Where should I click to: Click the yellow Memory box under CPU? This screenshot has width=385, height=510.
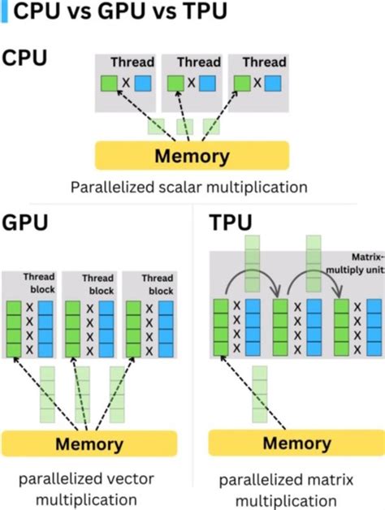pos(192,155)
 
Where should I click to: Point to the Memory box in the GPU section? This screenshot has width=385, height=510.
pos(89,444)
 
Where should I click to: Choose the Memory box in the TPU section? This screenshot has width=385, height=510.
pos(296,443)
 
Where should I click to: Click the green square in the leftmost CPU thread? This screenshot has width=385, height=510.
pos(108,83)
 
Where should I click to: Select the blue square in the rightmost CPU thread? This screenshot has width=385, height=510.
pos(272,83)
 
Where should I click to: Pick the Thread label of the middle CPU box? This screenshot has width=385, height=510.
pos(198,62)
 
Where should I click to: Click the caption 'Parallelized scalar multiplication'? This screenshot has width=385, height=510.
pos(188,188)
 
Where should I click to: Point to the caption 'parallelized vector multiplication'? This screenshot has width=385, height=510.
pos(90,488)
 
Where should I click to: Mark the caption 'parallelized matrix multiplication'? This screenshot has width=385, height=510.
pos(297,488)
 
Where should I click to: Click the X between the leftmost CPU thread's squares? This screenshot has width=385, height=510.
pos(125,83)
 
